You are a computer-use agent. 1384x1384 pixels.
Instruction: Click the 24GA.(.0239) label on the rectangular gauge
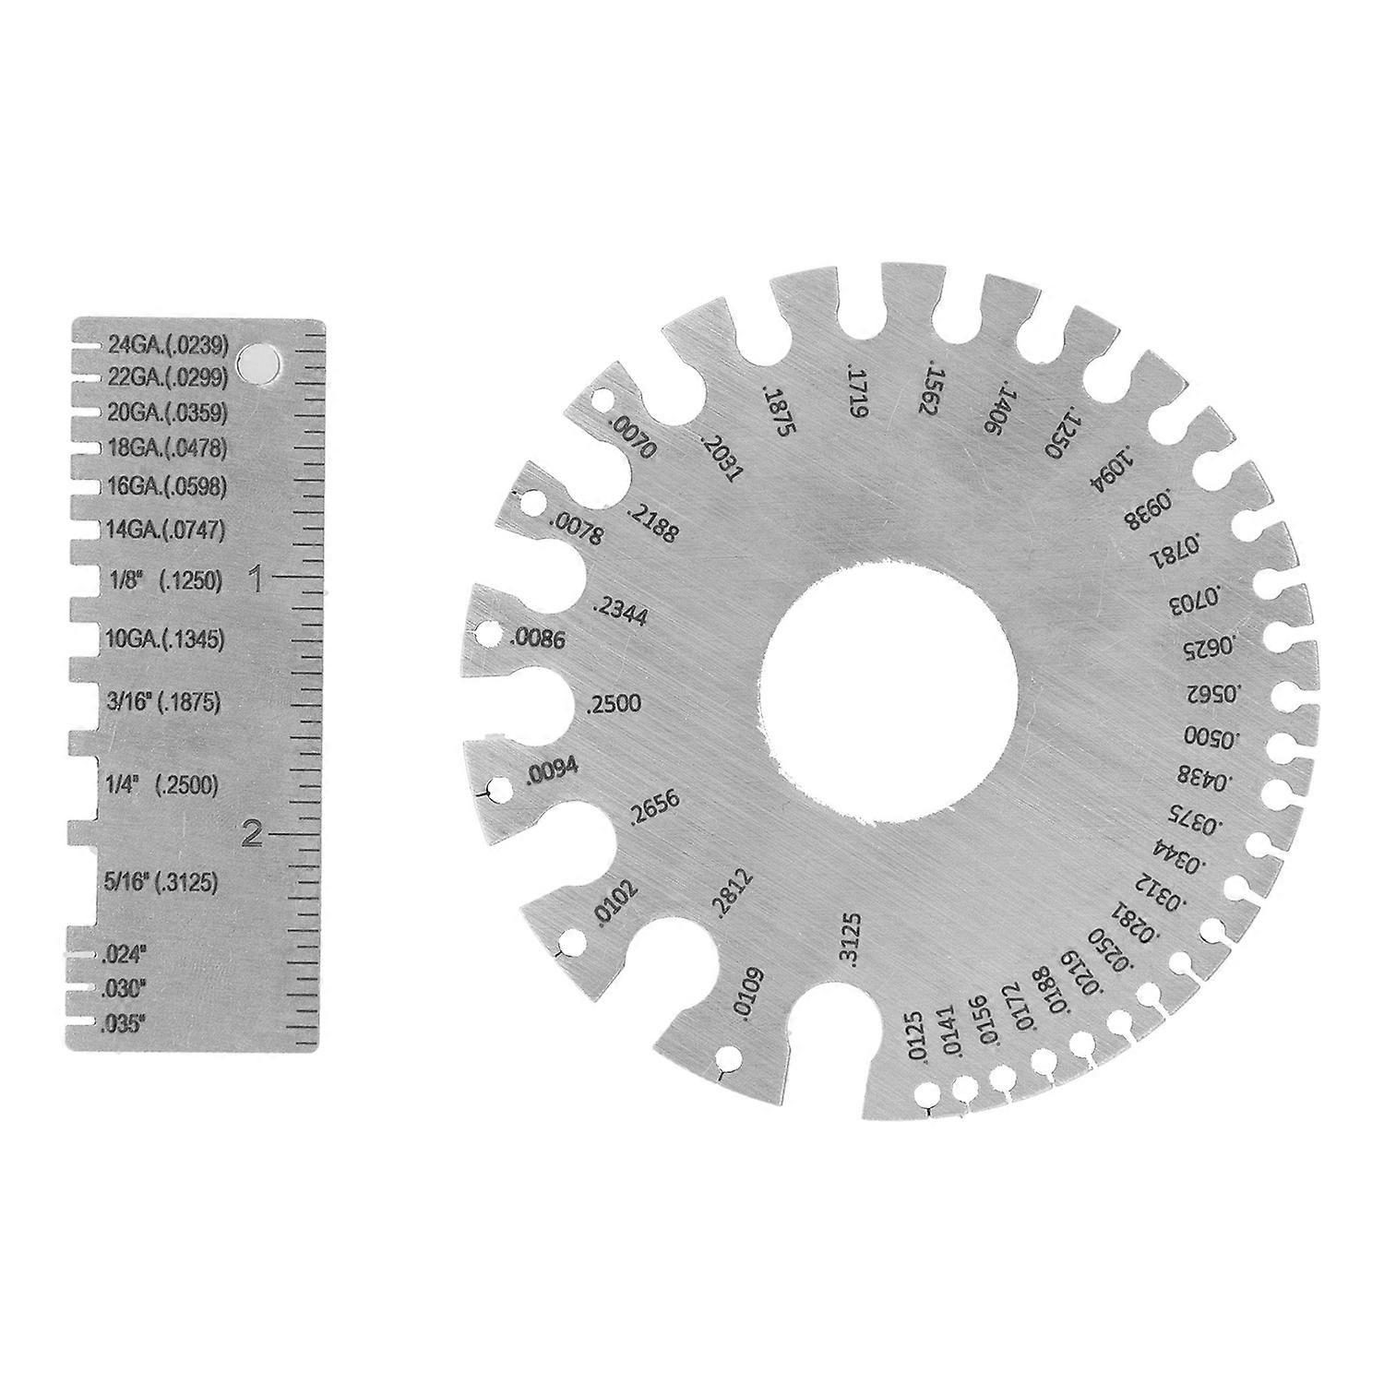[x=167, y=346]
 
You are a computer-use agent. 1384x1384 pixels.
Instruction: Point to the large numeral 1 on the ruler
[x=258, y=580]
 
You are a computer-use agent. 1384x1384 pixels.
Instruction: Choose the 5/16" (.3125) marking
[x=162, y=883]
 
